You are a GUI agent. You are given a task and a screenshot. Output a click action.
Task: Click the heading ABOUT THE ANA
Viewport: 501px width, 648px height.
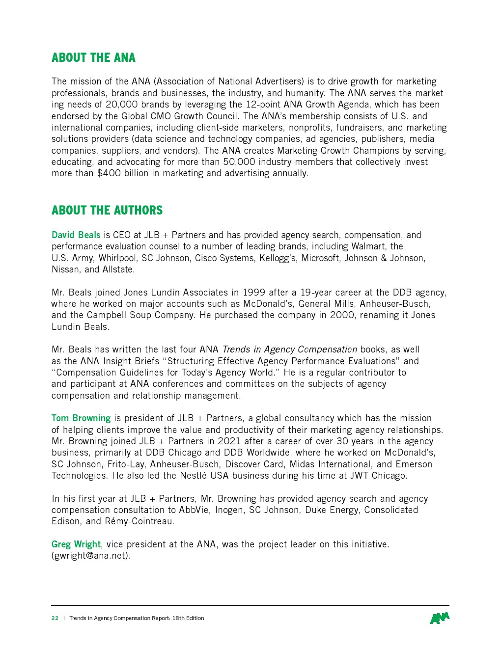click(x=93, y=58)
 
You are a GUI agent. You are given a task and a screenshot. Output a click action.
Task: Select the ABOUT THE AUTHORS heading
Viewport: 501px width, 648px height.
click(x=107, y=211)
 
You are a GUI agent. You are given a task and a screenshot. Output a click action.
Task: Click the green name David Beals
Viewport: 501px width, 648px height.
click(x=76, y=235)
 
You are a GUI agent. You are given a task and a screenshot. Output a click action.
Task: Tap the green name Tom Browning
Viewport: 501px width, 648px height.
click(x=81, y=418)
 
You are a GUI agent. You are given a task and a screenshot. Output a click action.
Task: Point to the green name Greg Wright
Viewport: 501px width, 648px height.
click(x=76, y=544)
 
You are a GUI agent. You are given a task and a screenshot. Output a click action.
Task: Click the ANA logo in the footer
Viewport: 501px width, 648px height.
click(x=439, y=618)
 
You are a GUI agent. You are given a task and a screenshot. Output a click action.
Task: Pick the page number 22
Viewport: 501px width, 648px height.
click(x=55, y=618)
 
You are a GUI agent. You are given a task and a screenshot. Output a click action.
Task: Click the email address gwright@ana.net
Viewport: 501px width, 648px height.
click(x=90, y=556)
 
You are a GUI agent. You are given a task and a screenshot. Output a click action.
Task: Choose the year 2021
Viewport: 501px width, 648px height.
click(x=229, y=441)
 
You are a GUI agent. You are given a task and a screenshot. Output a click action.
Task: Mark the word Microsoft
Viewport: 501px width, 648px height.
click(x=320, y=258)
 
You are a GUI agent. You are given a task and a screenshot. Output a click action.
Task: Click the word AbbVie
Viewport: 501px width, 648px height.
click(x=194, y=510)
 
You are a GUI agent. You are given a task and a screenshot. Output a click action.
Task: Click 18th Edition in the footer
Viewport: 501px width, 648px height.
click(x=188, y=618)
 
